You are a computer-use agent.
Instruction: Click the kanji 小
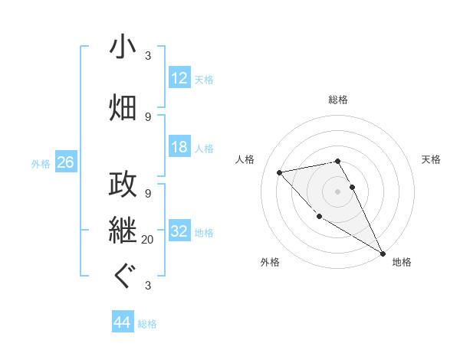pyautogui.click(x=123, y=47)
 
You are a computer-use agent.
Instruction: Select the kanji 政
pyautogui.click(x=123, y=185)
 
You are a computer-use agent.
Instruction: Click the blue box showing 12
pyautogui.click(x=179, y=78)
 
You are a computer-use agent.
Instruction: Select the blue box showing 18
pyautogui.click(x=179, y=147)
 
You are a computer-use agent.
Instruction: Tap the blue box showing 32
pyautogui.click(x=179, y=231)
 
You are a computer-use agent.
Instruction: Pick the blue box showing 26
pyautogui.click(x=65, y=162)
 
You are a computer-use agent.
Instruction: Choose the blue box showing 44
pyautogui.click(x=122, y=323)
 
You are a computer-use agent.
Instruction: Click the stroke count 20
pyautogui.click(x=148, y=240)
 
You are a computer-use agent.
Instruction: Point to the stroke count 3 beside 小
pyautogui.click(x=148, y=56)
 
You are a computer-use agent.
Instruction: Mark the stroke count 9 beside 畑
pyautogui.click(x=148, y=117)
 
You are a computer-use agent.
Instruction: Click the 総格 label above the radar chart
pyautogui.click(x=338, y=100)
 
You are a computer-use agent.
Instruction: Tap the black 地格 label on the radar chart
pyautogui.click(x=402, y=262)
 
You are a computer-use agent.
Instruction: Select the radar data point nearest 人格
pyautogui.click(x=280, y=172)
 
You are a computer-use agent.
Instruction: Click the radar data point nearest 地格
pyautogui.click(x=383, y=254)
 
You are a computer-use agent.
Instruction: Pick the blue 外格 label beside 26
pyautogui.click(x=40, y=163)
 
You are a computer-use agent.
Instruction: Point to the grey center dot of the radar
pyautogui.click(x=338, y=191)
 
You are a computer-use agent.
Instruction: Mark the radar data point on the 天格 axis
pyautogui.click(x=353, y=186)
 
